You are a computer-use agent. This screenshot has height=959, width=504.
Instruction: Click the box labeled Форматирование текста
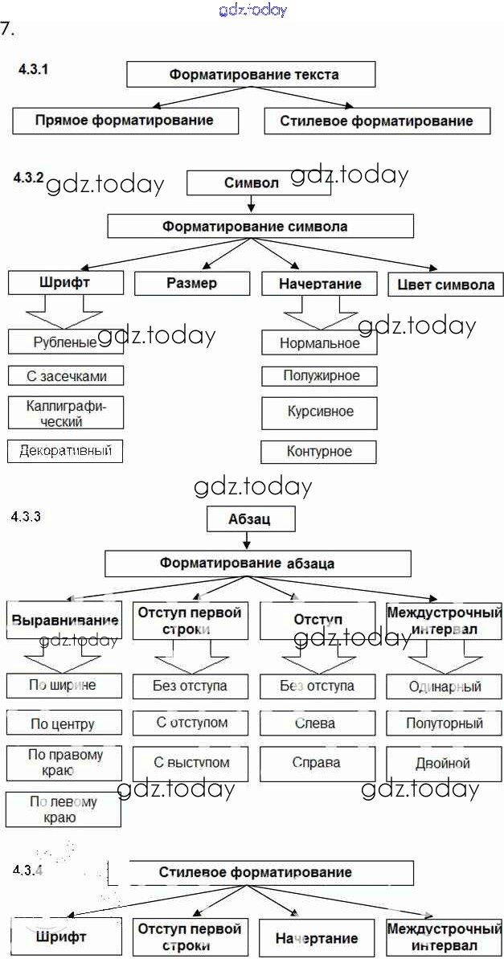click(x=251, y=75)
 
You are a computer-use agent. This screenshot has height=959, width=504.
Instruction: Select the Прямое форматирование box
click(x=125, y=121)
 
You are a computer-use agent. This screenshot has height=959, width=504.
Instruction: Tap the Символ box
click(x=252, y=182)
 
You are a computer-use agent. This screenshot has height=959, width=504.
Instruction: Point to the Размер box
click(x=192, y=283)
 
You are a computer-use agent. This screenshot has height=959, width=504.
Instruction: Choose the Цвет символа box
click(x=445, y=285)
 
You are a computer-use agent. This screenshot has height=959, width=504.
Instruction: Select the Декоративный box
click(x=65, y=450)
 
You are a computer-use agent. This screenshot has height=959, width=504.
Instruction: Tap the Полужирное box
click(x=319, y=375)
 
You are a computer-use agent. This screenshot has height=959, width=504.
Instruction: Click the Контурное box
click(x=319, y=452)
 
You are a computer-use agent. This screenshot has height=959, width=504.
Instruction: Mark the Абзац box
click(x=251, y=518)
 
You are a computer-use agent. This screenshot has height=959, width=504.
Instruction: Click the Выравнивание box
click(x=64, y=620)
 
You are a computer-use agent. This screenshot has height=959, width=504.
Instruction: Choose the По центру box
click(x=64, y=723)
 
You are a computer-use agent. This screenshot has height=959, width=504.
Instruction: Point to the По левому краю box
click(x=64, y=809)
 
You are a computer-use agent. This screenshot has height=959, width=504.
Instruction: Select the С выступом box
click(x=191, y=763)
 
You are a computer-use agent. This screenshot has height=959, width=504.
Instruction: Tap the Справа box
click(x=317, y=763)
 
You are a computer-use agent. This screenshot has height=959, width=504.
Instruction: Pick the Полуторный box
click(x=444, y=723)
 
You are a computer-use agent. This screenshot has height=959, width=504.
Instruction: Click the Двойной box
click(x=444, y=763)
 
